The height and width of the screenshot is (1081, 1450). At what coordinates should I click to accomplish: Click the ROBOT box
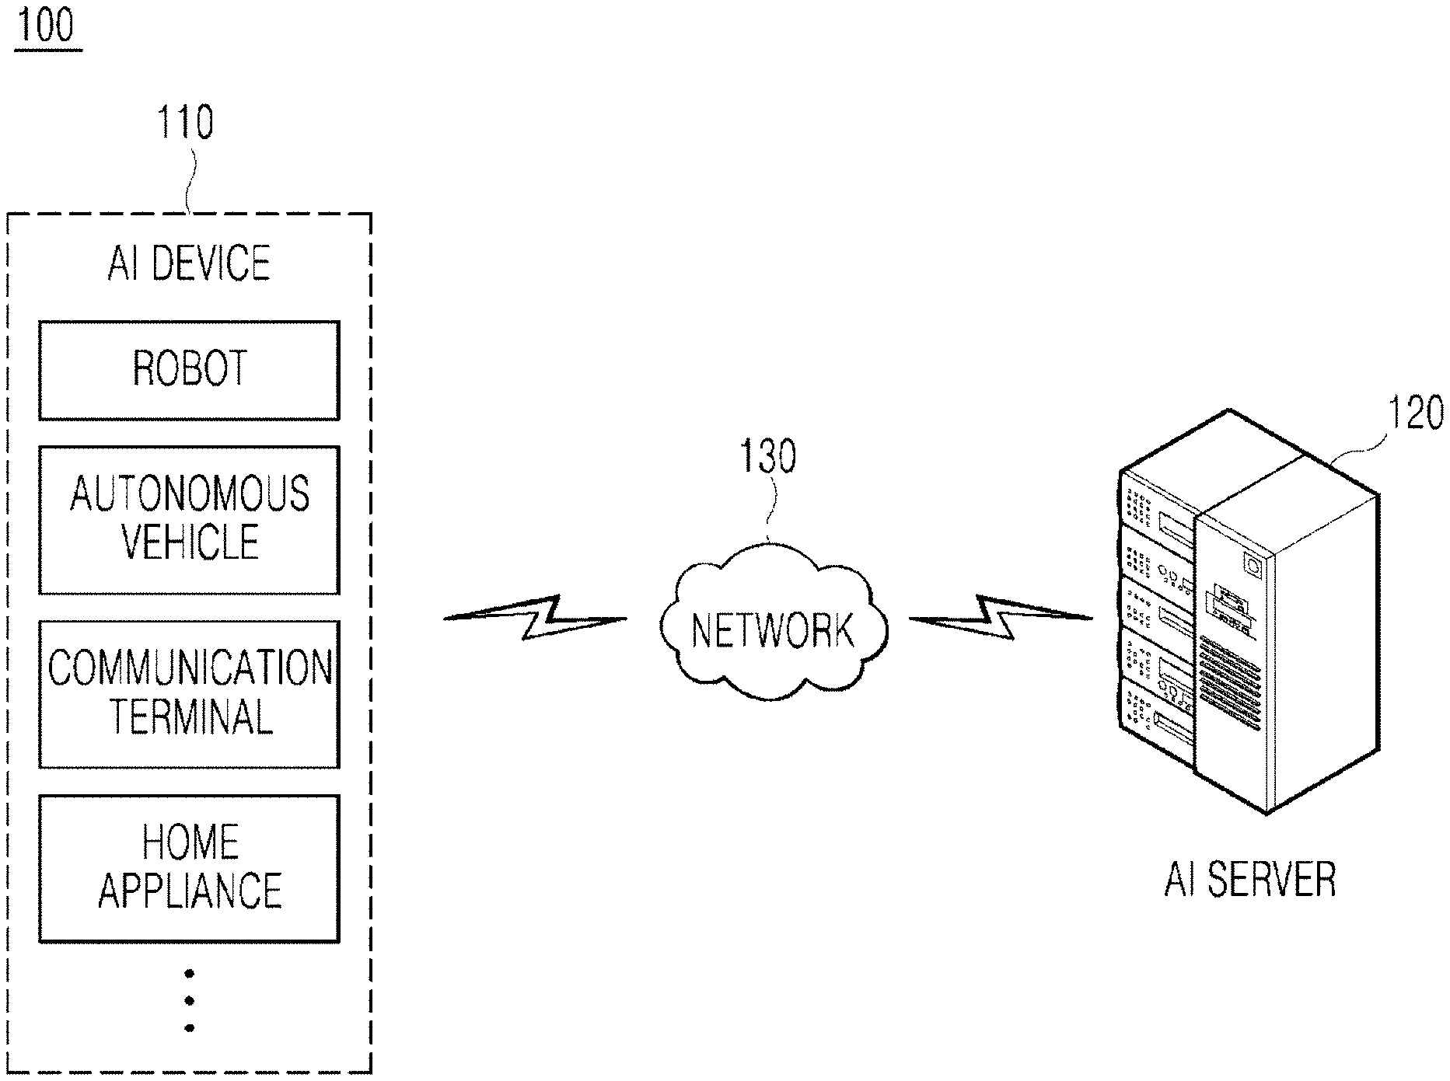pyautogui.click(x=189, y=371)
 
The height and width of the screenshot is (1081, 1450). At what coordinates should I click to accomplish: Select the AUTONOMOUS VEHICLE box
pyautogui.click(x=189, y=520)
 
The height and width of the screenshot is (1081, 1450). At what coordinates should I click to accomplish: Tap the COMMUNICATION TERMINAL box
pyautogui.click(x=189, y=694)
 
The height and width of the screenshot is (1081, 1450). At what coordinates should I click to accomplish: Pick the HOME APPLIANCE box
pyautogui.click(x=189, y=868)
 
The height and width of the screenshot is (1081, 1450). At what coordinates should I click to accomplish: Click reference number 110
pyautogui.click(x=185, y=123)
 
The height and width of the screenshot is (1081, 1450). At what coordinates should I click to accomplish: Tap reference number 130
pyautogui.click(x=768, y=456)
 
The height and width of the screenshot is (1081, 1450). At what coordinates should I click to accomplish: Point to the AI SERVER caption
pyautogui.click(x=1249, y=879)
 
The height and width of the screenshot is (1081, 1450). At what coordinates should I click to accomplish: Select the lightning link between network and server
pyautogui.click(x=1001, y=618)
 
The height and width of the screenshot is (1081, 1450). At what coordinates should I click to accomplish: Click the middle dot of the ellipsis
pyautogui.click(x=189, y=1001)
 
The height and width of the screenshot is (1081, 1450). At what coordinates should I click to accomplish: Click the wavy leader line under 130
pyautogui.click(x=771, y=509)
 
